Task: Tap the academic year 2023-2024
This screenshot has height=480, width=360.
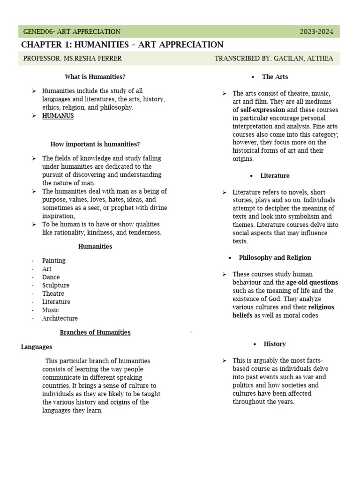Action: [x=316, y=32]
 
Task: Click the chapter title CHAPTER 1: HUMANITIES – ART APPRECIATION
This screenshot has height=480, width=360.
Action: [x=122, y=45]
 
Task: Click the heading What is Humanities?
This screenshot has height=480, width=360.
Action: [x=95, y=77]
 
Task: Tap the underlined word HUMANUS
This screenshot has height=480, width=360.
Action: [x=58, y=116]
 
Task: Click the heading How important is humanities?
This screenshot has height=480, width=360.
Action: [x=95, y=144]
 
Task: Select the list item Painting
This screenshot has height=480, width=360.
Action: [x=54, y=261]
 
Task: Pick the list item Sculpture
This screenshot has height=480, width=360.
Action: [x=56, y=285]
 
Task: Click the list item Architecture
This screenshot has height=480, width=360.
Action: [x=60, y=318]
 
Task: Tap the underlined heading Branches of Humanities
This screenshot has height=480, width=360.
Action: [x=95, y=333]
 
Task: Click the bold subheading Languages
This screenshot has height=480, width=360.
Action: [x=37, y=347]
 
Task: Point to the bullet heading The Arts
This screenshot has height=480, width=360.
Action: [x=275, y=77]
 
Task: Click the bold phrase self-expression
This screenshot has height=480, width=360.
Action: [x=262, y=110]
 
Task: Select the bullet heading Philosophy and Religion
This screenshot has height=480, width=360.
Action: [x=275, y=258]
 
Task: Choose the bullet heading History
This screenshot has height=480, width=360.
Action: [x=275, y=344]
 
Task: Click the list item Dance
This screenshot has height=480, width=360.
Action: [x=51, y=277]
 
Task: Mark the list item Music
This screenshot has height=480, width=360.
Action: [x=51, y=310]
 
